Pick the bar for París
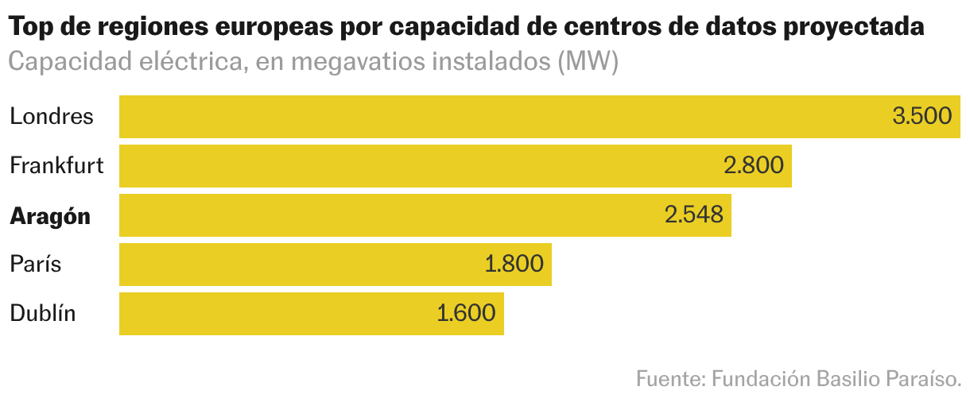pyautogui.click(x=302, y=265)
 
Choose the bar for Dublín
pyautogui.click(x=278, y=314)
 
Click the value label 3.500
pyautogui.click(x=921, y=117)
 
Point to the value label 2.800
pyautogui.click(x=753, y=166)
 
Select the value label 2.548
pyautogui.click(x=693, y=215)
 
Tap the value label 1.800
pyautogui.click(x=514, y=265)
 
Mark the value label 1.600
pyautogui.click(x=466, y=314)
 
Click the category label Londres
pyautogui.click(x=52, y=117)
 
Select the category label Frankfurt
pyautogui.click(x=56, y=166)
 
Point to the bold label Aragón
pyautogui.click(x=50, y=216)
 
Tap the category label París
pyautogui.click(x=36, y=265)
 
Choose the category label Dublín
pyautogui.click(x=43, y=314)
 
